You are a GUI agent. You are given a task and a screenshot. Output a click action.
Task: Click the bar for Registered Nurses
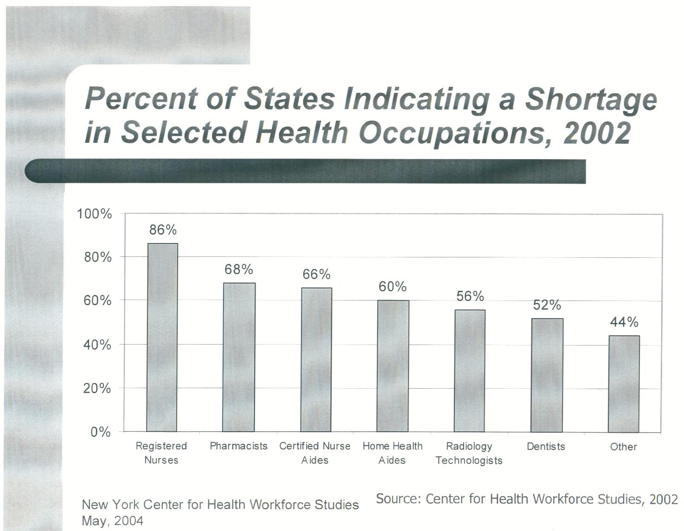tap(162, 337)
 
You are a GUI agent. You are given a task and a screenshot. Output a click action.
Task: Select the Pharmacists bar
tap(239, 357)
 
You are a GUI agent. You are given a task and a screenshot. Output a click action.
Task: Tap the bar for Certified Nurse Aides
tap(317, 359)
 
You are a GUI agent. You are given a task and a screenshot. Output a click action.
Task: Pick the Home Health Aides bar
tap(393, 366)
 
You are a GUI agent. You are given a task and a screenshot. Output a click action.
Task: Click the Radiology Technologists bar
tap(469, 371)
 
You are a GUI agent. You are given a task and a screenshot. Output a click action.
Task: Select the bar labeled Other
tap(624, 384)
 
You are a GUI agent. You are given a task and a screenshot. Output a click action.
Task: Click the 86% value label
tap(163, 230)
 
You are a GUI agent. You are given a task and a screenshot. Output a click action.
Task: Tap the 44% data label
tap(624, 322)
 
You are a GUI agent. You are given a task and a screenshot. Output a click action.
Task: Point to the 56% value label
tap(470, 296)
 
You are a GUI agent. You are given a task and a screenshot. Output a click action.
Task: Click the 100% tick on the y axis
tap(95, 214)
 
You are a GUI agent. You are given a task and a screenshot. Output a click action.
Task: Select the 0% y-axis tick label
tap(101, 432)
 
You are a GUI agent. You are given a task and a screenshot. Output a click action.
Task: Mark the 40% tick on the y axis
tap(97, 345)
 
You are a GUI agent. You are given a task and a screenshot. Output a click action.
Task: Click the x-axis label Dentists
tap(546, 447)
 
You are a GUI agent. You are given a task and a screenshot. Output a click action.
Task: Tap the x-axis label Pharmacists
tap(239, 446)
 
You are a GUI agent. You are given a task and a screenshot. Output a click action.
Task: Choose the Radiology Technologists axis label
tap(469, 453)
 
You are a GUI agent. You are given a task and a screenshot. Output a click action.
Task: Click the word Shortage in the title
tap(591, 99)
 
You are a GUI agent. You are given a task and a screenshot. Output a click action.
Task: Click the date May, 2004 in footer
tap(113, 521)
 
